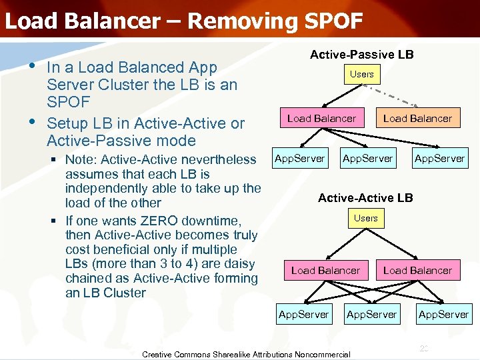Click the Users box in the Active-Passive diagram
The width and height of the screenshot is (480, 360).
(361, 74)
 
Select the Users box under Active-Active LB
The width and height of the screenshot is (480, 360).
(365, 218)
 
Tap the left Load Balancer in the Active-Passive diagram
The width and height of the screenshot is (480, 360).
(321, 119)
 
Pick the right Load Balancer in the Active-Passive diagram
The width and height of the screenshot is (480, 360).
(417, 119)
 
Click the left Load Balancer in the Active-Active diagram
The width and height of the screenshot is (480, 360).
(325, 270)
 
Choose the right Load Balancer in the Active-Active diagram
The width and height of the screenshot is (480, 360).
(417, 270)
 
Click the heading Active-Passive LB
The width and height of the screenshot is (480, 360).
(361, 54)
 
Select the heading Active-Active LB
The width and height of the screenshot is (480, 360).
(365, 197)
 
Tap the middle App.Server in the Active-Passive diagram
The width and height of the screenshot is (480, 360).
(367, 158)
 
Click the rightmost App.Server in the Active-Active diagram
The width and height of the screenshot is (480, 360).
(443, 314)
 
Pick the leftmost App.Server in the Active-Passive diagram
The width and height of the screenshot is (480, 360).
(299, 158)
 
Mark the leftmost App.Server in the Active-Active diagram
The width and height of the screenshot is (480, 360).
(303, 314)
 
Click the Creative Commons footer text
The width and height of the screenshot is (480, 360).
(246, 354)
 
